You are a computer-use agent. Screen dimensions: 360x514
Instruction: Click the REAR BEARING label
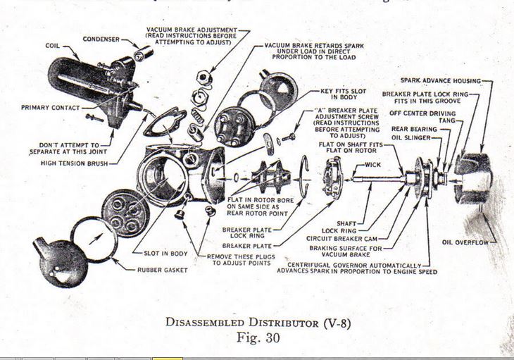[x=410, y=128]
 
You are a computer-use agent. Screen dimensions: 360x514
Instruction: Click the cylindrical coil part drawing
[x=77, y=82]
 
